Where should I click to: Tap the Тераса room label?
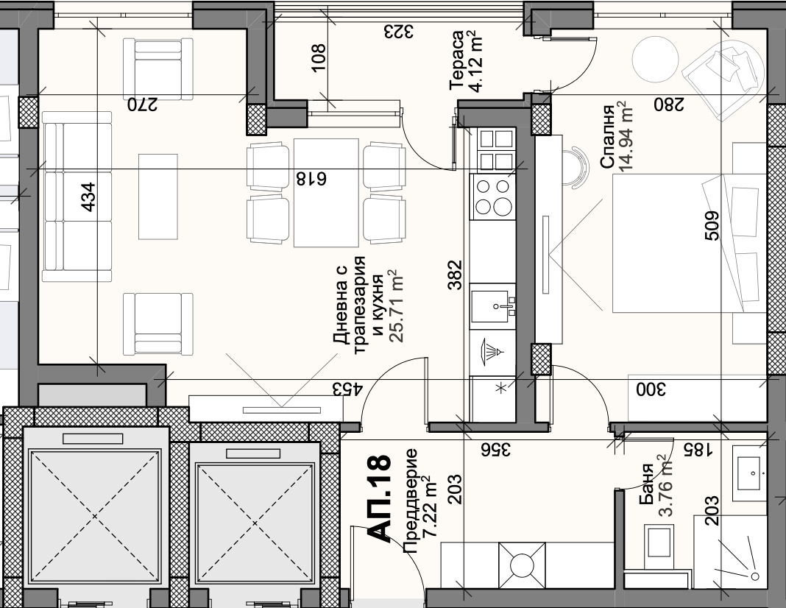[456, 60]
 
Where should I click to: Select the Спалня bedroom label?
[607, 137]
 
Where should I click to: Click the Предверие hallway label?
[410, 501]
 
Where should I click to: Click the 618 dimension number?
[311, 178]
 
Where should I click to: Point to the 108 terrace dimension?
[319, 58]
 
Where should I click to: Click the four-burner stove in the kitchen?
[492, 197]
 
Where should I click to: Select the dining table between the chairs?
[326, 193]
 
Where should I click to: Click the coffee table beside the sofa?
[158, 197]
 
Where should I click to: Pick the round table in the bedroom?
[655, 60]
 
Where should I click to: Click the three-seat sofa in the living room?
[77, 197]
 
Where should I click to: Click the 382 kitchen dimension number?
[455, 275]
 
